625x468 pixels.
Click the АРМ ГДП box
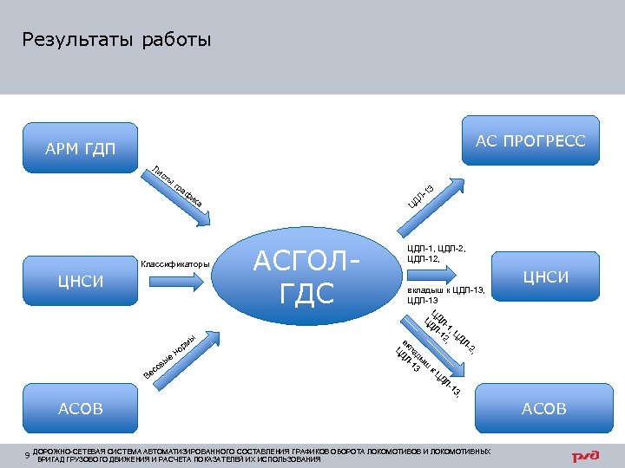(x=80, y=148)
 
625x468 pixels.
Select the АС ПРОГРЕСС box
(x=530, y=140)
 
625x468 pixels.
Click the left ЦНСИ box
(x=80, y=281)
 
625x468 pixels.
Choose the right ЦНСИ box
(x=545, y=276)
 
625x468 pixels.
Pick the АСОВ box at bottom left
(x=80, y=407)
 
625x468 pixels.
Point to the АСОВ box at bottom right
(x=544, y=407)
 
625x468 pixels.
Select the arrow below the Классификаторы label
(x=174, y=281)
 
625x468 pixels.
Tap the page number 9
(x=28, y=455)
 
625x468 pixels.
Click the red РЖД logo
(x=587, y=456)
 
